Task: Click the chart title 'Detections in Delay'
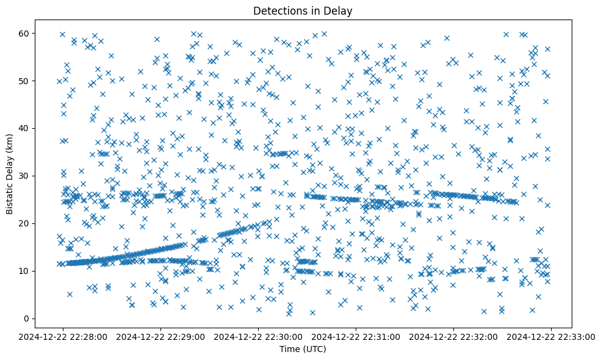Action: click(303, 11)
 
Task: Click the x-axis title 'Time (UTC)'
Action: click(303, 349)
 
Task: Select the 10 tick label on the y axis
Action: click(25, 271)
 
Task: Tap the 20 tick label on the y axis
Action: click(25, 223)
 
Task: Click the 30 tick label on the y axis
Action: click(25, 176)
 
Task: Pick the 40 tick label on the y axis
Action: click(25, 128)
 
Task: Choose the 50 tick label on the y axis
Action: click(25, 81)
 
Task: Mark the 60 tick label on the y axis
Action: click(25, 33)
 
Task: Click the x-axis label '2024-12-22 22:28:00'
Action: click(63, 336)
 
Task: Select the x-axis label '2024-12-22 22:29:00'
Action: click(161, 336)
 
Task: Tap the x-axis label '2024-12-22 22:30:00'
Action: click(259, 336)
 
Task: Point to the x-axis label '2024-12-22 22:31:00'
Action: click(356, 336)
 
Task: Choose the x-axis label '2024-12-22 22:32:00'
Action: click(454, 336)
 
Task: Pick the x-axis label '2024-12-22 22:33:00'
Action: click(552, 336)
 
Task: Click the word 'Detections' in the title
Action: click(277, 11)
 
